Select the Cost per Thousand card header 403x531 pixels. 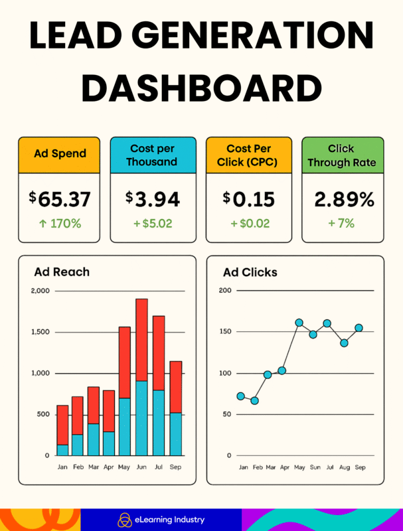tap(153, 155)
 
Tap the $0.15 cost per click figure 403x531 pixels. tap(249, 198)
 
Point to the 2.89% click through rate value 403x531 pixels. tap(343, 198)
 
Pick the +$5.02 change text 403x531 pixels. tap(153, 224)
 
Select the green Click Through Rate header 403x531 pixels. tap(343, 155)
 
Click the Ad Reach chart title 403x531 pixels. tap(62, 271)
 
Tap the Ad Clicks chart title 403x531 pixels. tap(250, 272)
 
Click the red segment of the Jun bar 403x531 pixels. tap(141, 339)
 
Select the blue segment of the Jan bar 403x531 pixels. tap(62, 449)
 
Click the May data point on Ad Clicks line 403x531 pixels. tap(299, 323)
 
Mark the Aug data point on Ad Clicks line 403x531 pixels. tap(344, 343)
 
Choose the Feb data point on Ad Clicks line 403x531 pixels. tap(254, 401)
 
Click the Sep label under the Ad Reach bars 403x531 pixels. tap(175, 467)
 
